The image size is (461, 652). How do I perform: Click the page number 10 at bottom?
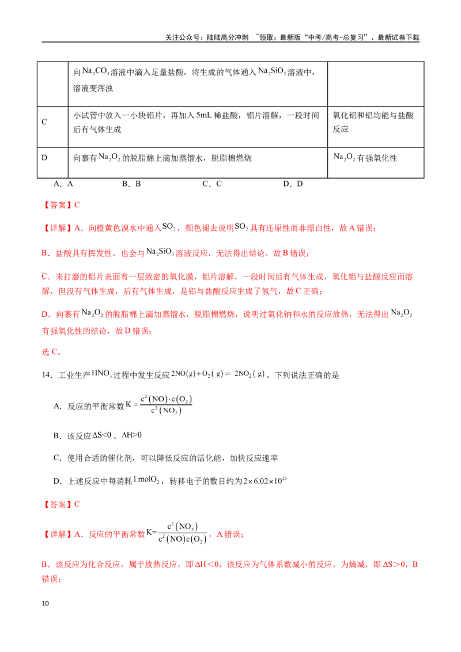(46, 603)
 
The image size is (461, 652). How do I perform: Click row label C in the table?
(44, 122)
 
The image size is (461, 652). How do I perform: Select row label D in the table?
(44, 158)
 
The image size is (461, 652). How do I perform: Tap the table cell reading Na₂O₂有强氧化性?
(365, 158)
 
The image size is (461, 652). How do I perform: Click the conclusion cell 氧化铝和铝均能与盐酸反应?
(373, 122)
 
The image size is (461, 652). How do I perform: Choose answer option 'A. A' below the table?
(63, 184)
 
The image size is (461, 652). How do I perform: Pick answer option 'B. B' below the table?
(131, 184)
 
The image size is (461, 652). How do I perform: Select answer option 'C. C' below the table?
(212, 184)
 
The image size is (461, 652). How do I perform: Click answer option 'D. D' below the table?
(293, 184)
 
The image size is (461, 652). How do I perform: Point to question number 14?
(47, 375)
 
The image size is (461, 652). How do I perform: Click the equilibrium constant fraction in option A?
(166, 404)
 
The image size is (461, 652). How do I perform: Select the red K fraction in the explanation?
(182, 533)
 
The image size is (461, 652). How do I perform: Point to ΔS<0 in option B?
(102, 435)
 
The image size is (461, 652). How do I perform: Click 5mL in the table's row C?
(204, 115)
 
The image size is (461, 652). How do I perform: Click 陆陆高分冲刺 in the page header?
(228, 37)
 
